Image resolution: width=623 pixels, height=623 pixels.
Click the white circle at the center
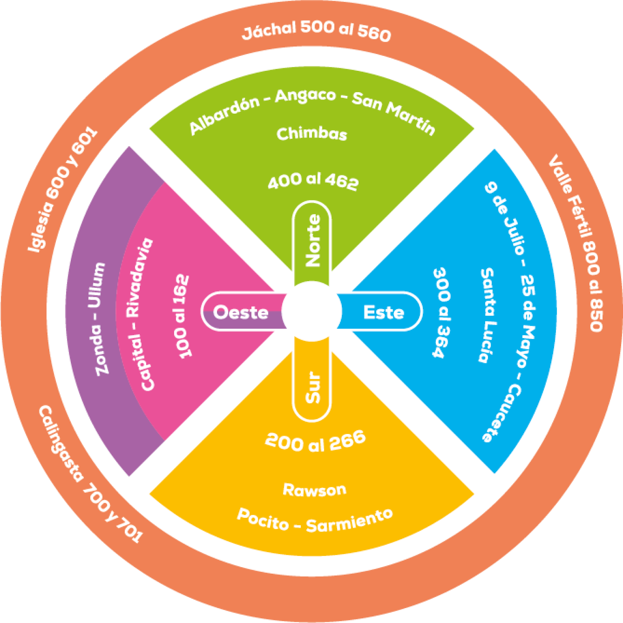[311, 311]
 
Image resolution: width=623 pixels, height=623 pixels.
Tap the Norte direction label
[312, 240]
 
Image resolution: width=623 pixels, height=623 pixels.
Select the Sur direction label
[313, 387]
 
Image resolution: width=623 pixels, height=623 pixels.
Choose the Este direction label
[383, 312]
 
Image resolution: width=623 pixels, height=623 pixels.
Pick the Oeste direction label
[241, 312]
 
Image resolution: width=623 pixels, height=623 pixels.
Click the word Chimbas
[311, 134]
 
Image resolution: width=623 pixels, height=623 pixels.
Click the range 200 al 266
[315, 442]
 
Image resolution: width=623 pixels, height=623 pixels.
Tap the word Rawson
[315, 489]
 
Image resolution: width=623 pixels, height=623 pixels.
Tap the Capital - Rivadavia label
[141, 314]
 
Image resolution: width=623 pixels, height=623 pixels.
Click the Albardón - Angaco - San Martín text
[311, 107]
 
